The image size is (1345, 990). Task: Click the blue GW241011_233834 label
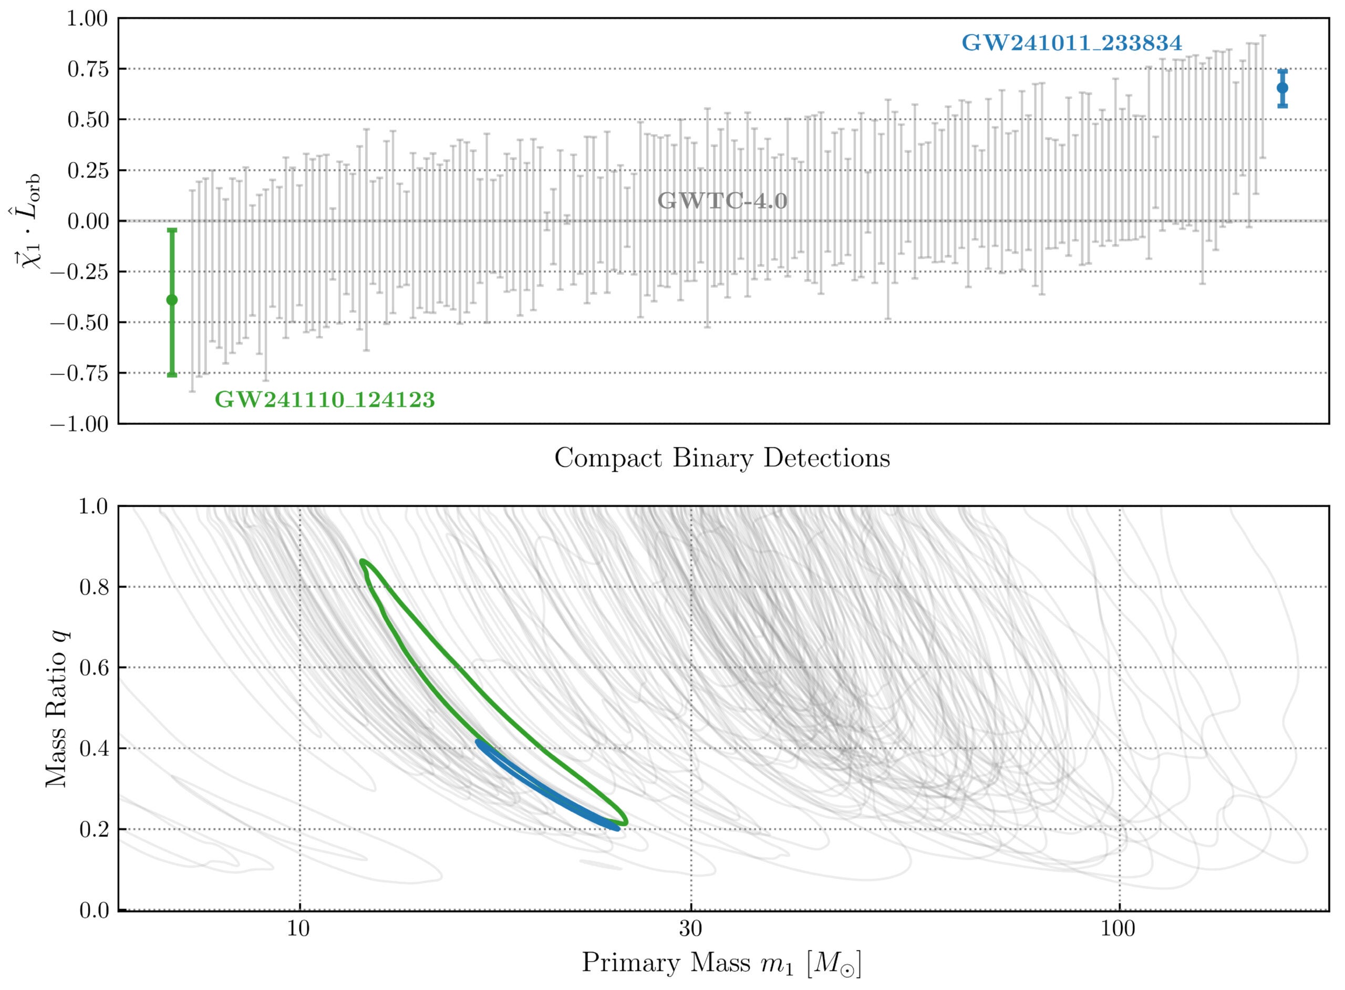point(1071,43)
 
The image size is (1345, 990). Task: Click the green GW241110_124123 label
point(324,400)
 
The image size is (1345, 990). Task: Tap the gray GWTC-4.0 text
point(722,201)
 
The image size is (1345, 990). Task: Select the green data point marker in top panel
point(172,300)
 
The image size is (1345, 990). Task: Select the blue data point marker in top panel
point(1282,88)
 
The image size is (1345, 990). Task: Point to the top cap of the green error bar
point(172,230)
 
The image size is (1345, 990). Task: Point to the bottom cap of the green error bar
point(172,375)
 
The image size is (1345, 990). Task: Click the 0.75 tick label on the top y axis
point(88,69)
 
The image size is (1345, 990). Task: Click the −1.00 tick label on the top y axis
point(80,424)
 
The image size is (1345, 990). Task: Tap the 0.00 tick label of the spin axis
point(88,222)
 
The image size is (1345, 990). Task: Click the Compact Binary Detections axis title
point(722,458)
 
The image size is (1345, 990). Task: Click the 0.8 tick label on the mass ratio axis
point(94,587)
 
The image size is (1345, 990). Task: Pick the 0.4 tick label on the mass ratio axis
point(94,749)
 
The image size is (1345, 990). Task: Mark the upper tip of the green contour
point(362,561)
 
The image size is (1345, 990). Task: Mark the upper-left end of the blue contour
point(478,742)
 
